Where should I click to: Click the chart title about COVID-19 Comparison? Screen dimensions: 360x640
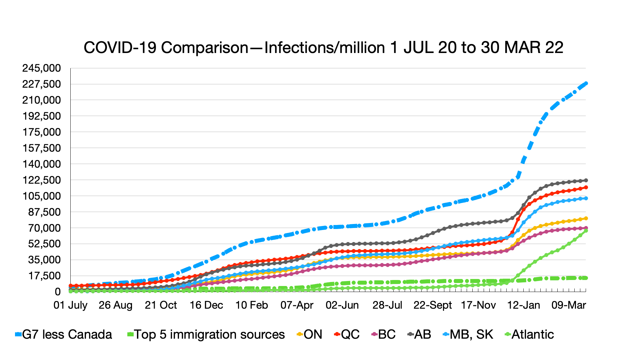pos(323,48)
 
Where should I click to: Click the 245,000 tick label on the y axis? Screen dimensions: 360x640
pos(42,68)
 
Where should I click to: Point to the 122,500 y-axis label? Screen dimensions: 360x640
pos(42,180)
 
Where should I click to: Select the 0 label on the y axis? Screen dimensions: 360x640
pos(58,292)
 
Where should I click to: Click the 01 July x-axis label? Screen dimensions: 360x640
pos(70,305)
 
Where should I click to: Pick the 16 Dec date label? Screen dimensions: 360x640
pos(206,305)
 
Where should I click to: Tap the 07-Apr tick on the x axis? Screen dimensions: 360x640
pos(297,305)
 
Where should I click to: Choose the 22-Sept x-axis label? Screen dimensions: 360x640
pos(433,305)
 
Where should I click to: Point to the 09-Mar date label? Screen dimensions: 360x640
pos(569,305)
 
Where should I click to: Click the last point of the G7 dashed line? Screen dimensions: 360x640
pos(586,83)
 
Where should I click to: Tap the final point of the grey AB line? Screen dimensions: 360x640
pos(586,180)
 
